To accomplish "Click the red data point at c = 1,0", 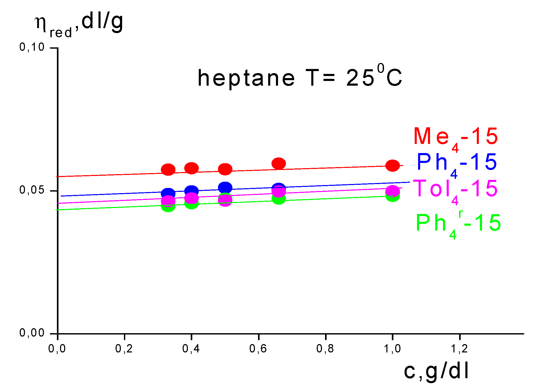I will point(392,166).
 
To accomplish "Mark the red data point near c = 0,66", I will point(279,163).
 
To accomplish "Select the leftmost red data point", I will point(168,170).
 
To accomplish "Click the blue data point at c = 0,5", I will point(225,187).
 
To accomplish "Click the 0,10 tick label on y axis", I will point(32,47).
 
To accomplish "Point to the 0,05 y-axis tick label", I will point(32,190).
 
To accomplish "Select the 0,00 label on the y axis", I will point(32,333).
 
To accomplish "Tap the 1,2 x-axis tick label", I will point(459,349).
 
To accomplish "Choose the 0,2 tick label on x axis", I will point(124,349).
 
